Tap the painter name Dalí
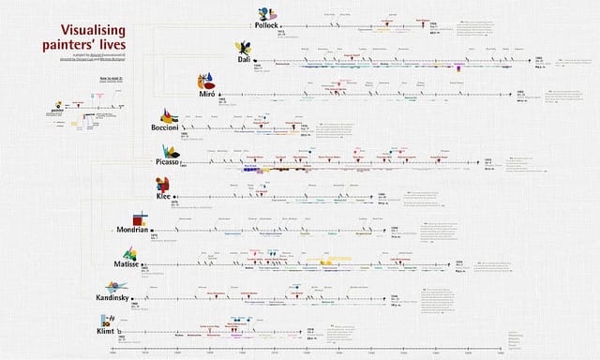[x=242, y=58]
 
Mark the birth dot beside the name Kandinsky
[x=147, y=298]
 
